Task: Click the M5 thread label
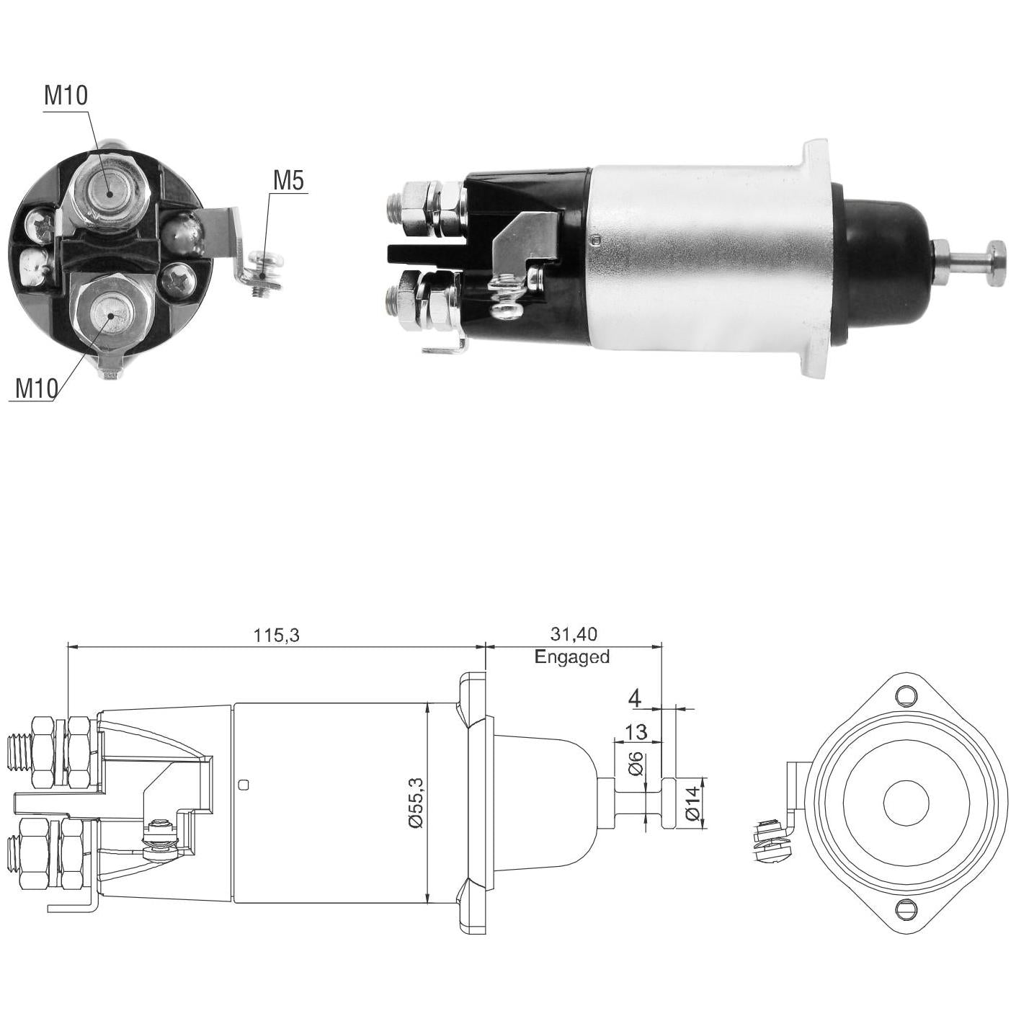[288, 181]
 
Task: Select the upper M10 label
[66, 95]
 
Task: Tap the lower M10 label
[36, 388]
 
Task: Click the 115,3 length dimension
[276, 636]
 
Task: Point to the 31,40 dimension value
[573, 634]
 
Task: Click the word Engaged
[572, 657]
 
